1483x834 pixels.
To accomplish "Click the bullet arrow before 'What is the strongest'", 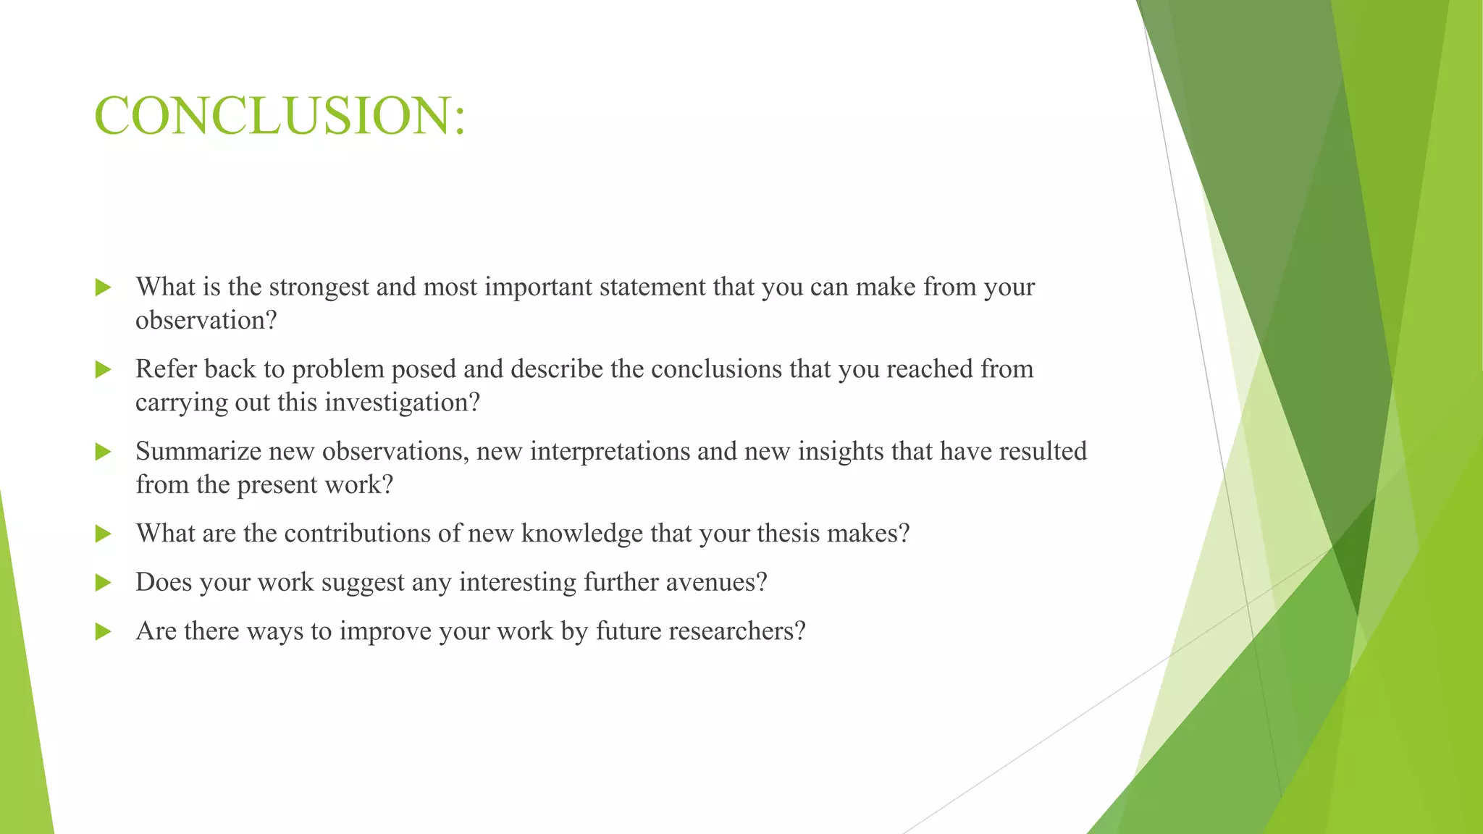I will pos(104,287).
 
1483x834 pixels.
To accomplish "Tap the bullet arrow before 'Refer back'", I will pos(104,370).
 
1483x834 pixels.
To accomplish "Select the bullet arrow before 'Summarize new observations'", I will pos(104,452).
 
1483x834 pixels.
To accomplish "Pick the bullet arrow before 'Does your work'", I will pos(104,583).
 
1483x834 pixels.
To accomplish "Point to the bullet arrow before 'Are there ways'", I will pos(104,631).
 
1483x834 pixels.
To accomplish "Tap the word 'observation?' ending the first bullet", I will pos(206,321).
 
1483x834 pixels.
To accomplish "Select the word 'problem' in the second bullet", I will pos(337,370).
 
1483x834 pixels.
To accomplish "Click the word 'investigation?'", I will pos(402,403).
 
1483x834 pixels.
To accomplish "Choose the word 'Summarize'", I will pos(198,452).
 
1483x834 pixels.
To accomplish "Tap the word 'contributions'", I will pos(358,534).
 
